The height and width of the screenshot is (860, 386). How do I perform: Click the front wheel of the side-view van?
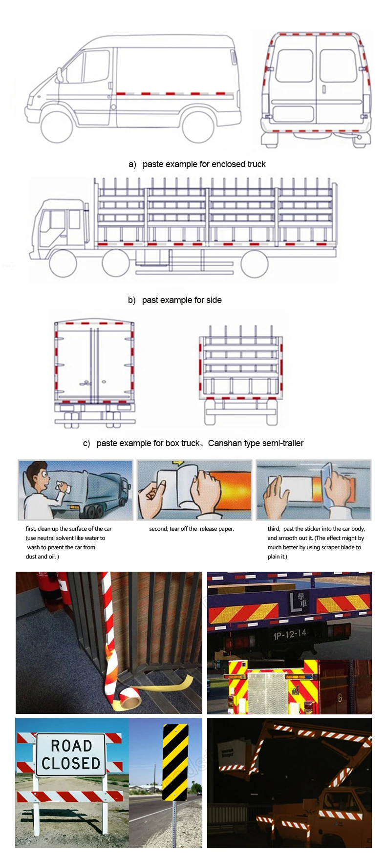57,127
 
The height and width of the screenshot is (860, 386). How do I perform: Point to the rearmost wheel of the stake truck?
255,264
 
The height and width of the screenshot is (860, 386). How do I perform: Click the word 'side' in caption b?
214,300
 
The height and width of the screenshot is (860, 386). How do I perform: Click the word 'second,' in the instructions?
159,529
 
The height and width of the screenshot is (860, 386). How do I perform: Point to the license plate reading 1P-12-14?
289,635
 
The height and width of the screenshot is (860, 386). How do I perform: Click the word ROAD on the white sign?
71,746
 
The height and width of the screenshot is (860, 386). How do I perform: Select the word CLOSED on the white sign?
71,763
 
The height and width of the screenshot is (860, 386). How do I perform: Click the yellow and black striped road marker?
175,762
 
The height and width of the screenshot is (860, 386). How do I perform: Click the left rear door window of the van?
294,65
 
